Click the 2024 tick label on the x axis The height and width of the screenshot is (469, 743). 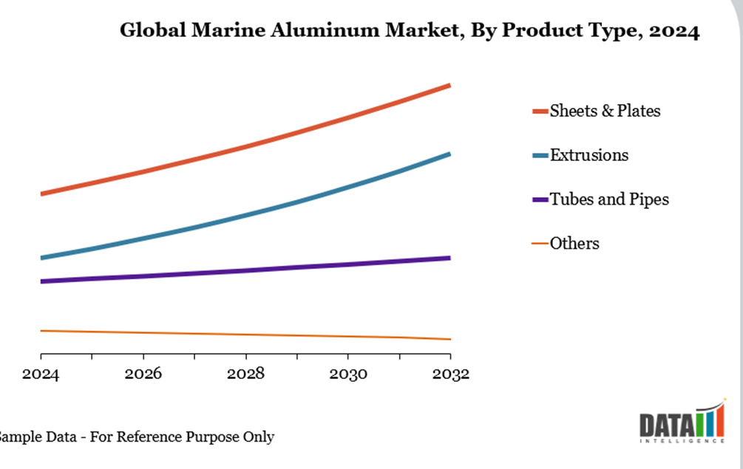coord(41,374)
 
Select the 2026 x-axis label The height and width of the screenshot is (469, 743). coord(143,374)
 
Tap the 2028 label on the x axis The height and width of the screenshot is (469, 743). coord(245,374)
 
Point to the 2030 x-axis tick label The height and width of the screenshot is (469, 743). coord(348,374)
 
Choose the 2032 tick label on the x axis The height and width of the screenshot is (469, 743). coord(450,374)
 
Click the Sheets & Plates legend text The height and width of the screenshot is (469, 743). coord(605,111)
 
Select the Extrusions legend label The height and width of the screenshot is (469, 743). coord(589,155)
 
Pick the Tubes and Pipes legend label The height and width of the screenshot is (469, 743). coord(609,199)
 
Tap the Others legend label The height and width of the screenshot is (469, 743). coord(574,244)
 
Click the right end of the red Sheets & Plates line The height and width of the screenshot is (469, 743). coord(449,86)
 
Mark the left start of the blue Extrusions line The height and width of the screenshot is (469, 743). coord(42,258)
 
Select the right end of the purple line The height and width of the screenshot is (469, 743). coord(449,258)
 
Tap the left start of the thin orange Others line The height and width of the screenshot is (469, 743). coord(42,331)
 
